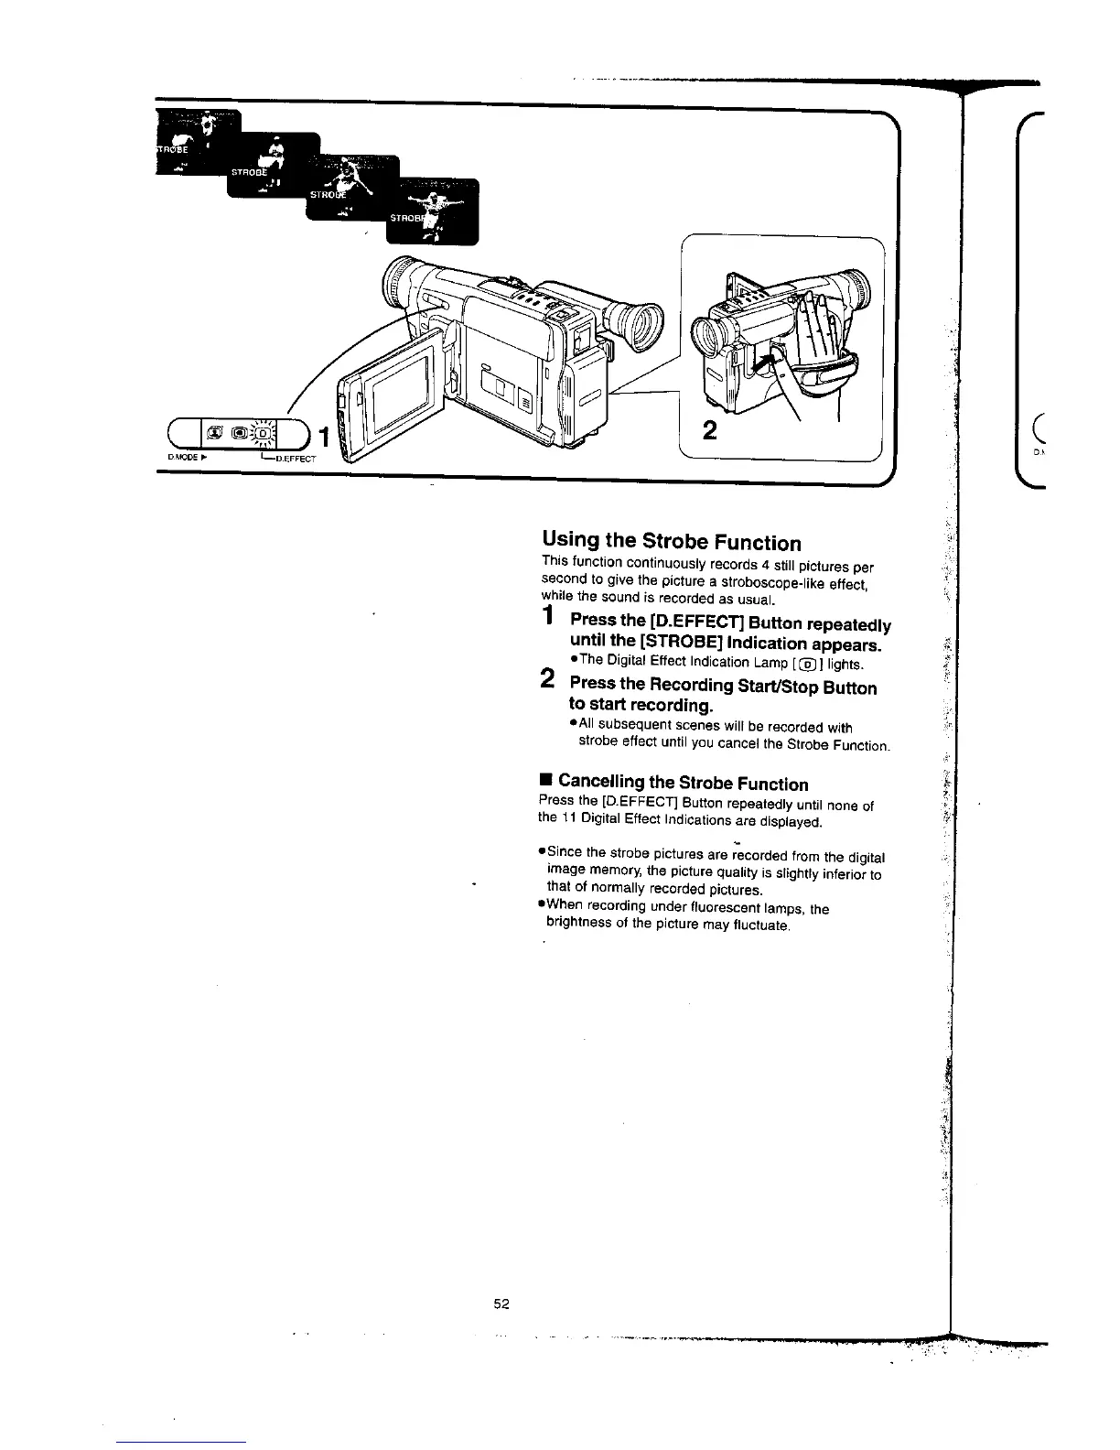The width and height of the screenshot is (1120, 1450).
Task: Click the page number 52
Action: click(501, 1304)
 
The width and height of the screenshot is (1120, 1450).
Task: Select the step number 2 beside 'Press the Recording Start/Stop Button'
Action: click(547, 679)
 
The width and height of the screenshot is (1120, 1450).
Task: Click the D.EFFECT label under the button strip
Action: click(292, 460)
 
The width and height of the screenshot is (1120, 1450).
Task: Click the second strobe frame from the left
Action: click(273, 166)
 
